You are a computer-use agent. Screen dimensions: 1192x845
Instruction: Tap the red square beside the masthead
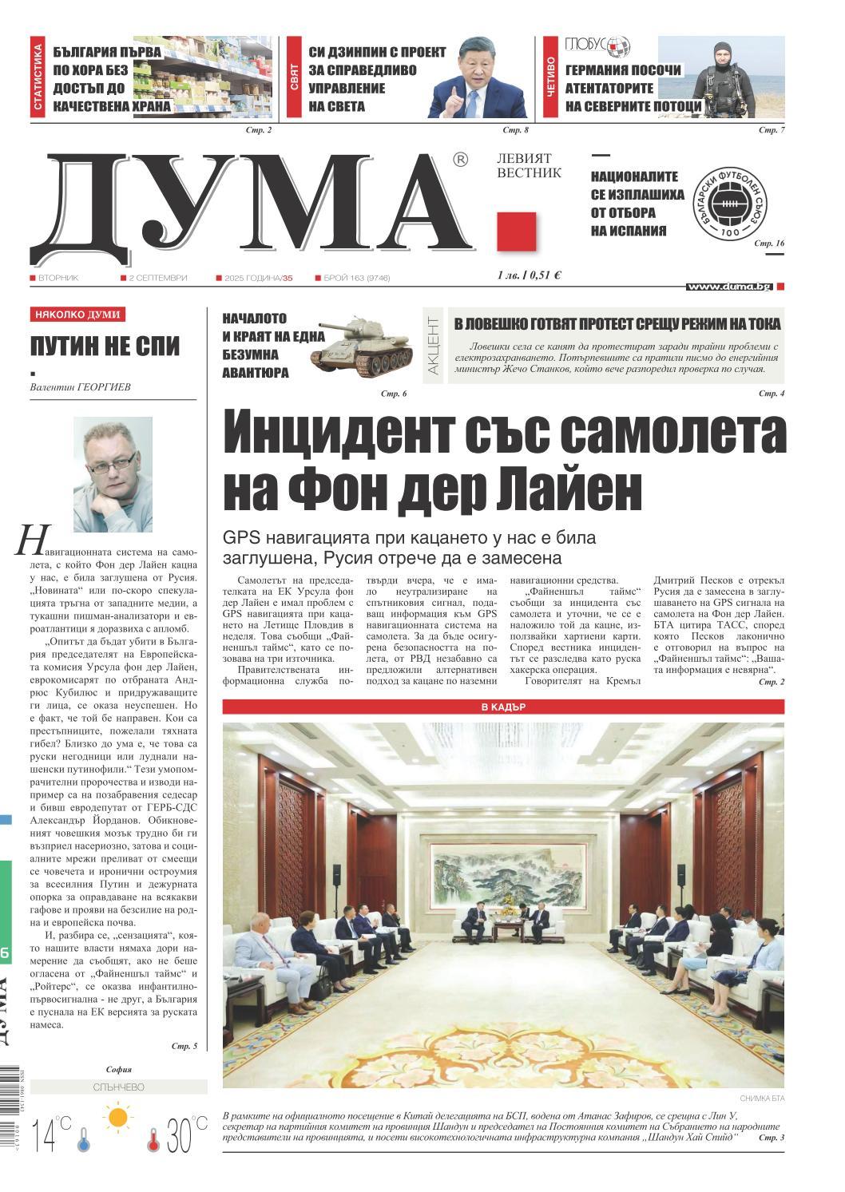[x=515, y=231]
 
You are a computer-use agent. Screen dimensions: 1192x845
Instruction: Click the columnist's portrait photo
[x=113, y=473]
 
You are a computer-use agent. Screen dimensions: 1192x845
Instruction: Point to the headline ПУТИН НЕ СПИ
[x=105, y=347]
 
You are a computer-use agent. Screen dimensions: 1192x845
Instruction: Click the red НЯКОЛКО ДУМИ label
[x=79, y=315]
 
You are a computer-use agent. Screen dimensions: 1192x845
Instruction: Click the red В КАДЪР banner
[x=503, y=707]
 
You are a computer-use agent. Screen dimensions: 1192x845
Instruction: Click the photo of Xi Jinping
[x=478, y=77]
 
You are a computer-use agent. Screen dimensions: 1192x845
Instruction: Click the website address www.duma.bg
[x=728, y=286]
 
